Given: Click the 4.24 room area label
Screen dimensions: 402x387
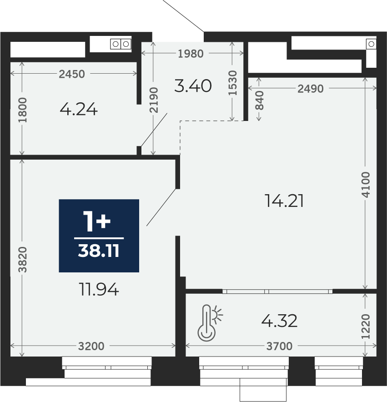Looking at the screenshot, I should click(x=79, y=110).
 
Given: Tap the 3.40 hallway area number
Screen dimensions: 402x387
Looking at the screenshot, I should click(x=193, y=85).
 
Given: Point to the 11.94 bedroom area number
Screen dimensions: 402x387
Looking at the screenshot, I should click(x=99, y=289).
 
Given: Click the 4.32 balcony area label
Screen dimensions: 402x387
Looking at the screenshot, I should click(x=279, y=321).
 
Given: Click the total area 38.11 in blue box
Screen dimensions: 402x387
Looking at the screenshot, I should click(x=99, y=251).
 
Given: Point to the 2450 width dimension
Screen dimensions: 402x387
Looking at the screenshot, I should click(x=72, y=74).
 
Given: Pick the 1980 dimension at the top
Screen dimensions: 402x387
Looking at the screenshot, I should click(x=191, y=54).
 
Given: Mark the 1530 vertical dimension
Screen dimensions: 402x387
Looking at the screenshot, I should click(x=233, y=82).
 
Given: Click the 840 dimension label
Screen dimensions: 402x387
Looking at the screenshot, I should click(x=259, y=100).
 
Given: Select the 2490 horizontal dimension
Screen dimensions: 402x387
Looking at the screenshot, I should click(x=311, y=89).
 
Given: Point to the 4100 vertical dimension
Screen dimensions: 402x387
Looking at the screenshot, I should click(x=367, y=184).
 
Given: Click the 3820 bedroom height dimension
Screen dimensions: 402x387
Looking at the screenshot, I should click(x=23, y=259).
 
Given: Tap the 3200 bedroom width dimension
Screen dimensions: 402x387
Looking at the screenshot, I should click(x=91, y=347).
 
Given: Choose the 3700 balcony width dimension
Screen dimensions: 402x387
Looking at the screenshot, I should click(x=279, y=347).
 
